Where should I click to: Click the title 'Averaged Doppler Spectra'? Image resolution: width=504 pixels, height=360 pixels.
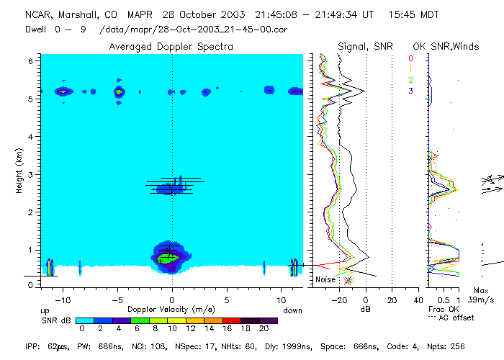click(171, 46)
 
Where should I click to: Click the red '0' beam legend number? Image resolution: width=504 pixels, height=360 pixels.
click(410, 58)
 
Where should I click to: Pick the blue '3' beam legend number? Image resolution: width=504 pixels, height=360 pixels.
click(410, 91)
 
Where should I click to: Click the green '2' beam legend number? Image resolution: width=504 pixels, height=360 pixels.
click(410, 80)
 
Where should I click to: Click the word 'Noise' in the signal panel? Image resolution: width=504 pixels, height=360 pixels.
click(325, 279)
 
